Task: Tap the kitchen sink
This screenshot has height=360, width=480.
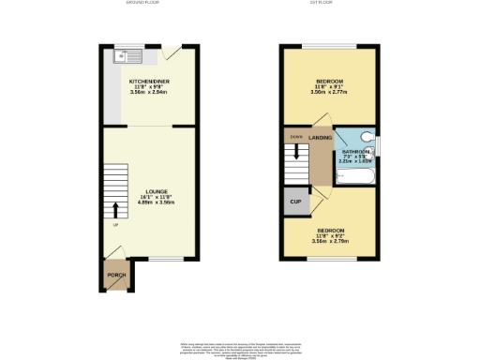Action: tap(124, 57)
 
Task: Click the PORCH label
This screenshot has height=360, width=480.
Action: tap(116, 275)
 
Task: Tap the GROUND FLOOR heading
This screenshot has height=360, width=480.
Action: tap(142, 4)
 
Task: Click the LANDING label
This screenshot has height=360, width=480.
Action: tap(322, 138)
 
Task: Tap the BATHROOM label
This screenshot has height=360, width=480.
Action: tap(356, 151)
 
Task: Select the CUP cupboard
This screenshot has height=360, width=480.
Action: tap(294, 201)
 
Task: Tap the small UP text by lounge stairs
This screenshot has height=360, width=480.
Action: tap(116, 226)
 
